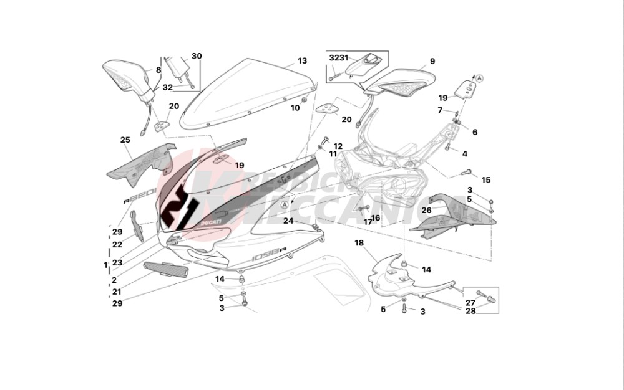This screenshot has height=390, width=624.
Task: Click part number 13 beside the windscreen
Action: pos(302,61)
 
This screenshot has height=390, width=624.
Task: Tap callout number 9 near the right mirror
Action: pos(432,61)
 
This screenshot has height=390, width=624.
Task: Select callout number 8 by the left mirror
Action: pos(158,70)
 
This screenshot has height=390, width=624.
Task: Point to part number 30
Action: pos(197,56)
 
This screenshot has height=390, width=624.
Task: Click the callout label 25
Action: pos(125,140)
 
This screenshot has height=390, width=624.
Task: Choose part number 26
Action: pos(426,210)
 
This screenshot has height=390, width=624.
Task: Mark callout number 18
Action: pos(359,242)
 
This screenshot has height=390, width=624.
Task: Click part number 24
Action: pos(288,221)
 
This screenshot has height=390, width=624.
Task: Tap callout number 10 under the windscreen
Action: pos(295,108)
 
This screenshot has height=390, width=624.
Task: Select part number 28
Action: pos(470,310)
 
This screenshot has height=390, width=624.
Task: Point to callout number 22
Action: pos(117,245)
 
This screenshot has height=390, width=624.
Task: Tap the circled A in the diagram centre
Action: pos(285,204)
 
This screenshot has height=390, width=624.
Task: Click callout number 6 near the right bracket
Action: pos(474,132)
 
